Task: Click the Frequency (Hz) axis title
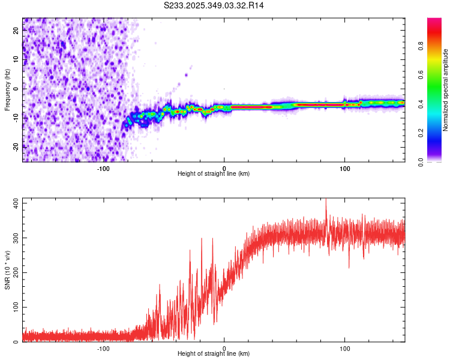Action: (x=7, y=90)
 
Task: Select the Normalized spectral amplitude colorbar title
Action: (x=446, y=90)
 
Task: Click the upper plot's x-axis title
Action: (x=214, y=173)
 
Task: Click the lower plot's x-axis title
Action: (x=214, y=353)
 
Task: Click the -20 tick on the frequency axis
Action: (x=16, y=146)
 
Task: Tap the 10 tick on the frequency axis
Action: (x=16, y=59)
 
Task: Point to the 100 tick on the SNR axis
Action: (x=16, y=307)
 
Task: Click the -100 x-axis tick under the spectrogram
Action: (x=103, y=167)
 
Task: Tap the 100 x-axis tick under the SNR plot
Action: (x=345, y=347)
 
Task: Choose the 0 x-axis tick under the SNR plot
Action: (x=224, y=347)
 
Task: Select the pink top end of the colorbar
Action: (x=434, y=21)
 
